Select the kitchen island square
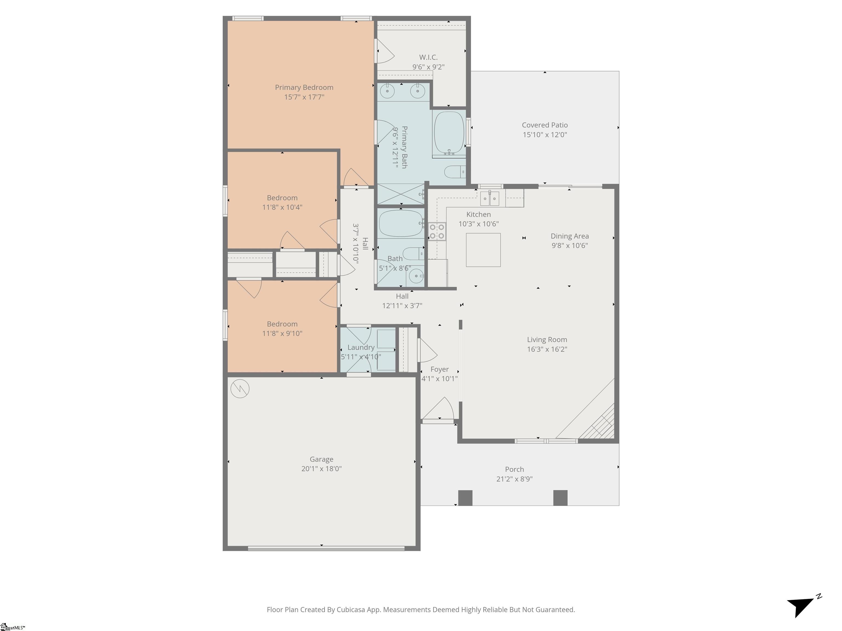[483, 250]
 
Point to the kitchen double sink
[490, 198]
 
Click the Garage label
[321, 459]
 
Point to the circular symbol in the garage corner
[240, 388]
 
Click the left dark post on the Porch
[465, 498]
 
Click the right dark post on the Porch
[560, 498]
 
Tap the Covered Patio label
[544, 125]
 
